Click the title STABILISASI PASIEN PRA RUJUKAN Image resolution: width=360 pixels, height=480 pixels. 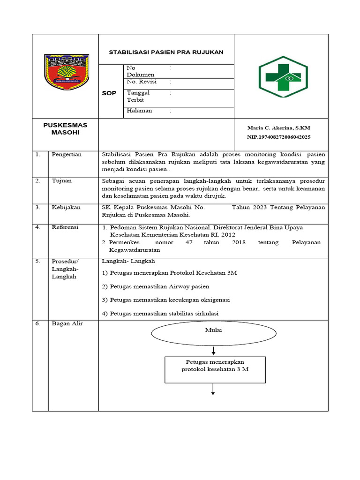[166, 52]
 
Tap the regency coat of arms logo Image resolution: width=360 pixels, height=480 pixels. [67, 71]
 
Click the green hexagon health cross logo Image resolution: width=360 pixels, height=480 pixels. [283, 76]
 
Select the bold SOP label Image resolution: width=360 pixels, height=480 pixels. [109, 93]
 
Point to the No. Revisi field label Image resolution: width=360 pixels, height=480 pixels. [142, 82]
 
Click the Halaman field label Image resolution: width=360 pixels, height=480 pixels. [139, 111]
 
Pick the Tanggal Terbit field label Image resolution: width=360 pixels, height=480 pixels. [138, 96]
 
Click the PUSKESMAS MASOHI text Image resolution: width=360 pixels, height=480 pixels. [65, 128]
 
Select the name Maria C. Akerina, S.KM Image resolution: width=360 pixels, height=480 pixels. [278, 127]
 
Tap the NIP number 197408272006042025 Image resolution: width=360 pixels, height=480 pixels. [278, 137]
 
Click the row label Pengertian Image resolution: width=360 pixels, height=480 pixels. [67, 154]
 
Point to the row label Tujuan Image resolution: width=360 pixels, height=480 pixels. [61, 181]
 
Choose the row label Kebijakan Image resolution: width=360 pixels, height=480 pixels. [66, 207]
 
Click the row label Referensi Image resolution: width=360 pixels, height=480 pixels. [65, 227]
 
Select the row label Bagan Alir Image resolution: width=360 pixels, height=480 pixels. [67, 323]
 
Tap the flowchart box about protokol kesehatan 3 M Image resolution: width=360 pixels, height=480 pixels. [215, 369]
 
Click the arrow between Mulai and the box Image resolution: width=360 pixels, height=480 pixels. [214, 351]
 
